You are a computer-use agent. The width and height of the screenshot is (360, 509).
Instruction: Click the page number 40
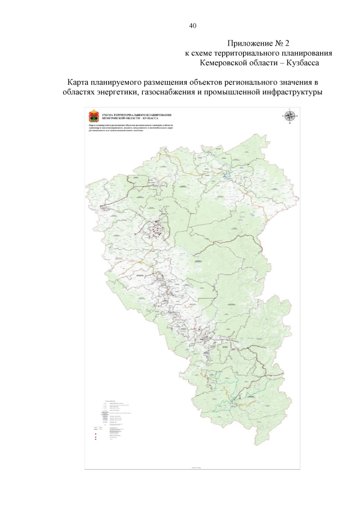tap(192, 26)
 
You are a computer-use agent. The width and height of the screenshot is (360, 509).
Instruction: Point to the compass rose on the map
tap(290, 116)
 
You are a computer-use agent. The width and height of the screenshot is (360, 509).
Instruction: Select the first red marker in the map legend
tap(96, 434)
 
